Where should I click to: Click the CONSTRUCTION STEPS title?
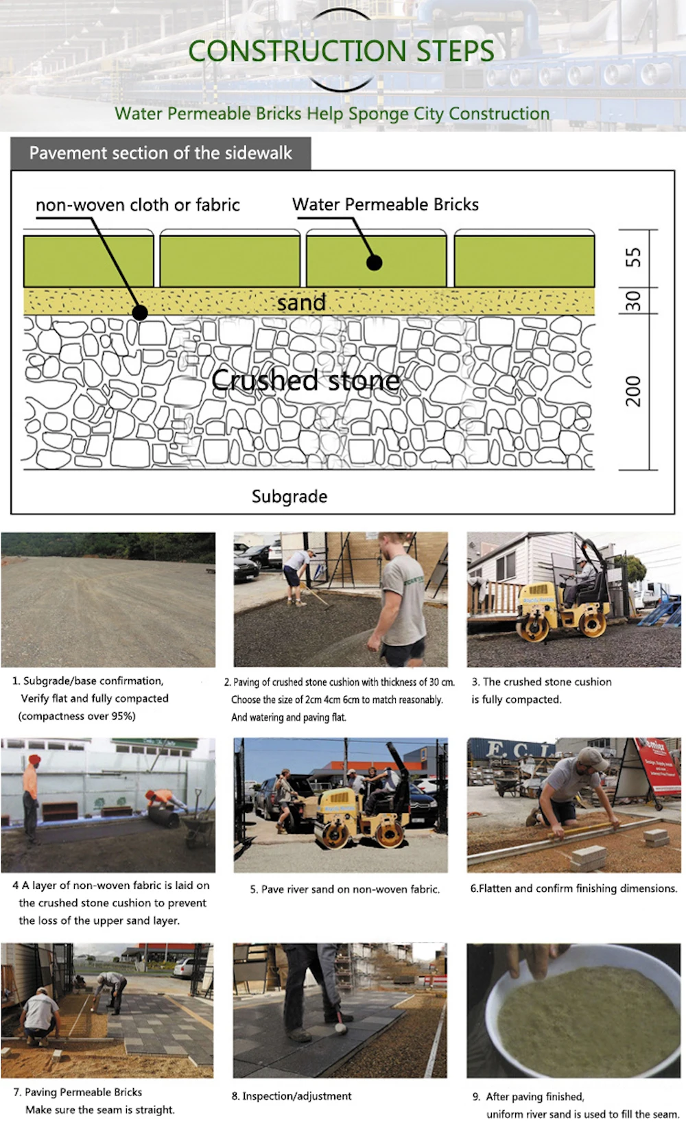tap(341, 51)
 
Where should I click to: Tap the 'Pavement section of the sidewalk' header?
tap(161, 153)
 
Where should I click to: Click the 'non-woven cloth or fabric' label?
tap(137, 204)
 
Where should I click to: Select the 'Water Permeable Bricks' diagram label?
tap(385, 204)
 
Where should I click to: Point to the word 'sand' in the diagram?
tap(301, 302)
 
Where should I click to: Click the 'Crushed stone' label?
tap(305, 380)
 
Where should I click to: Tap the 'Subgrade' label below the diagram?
tap(289, 496)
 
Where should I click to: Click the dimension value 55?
tap(633, 258)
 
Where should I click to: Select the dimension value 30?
tap(633, 300)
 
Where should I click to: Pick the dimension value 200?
tap(633, 391)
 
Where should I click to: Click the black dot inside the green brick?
tap(374, 262)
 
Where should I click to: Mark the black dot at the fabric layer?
tap(140, 313)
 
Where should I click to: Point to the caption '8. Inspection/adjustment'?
tap(292, 1096)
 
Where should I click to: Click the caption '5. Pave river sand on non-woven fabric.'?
tap(344, 889)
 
